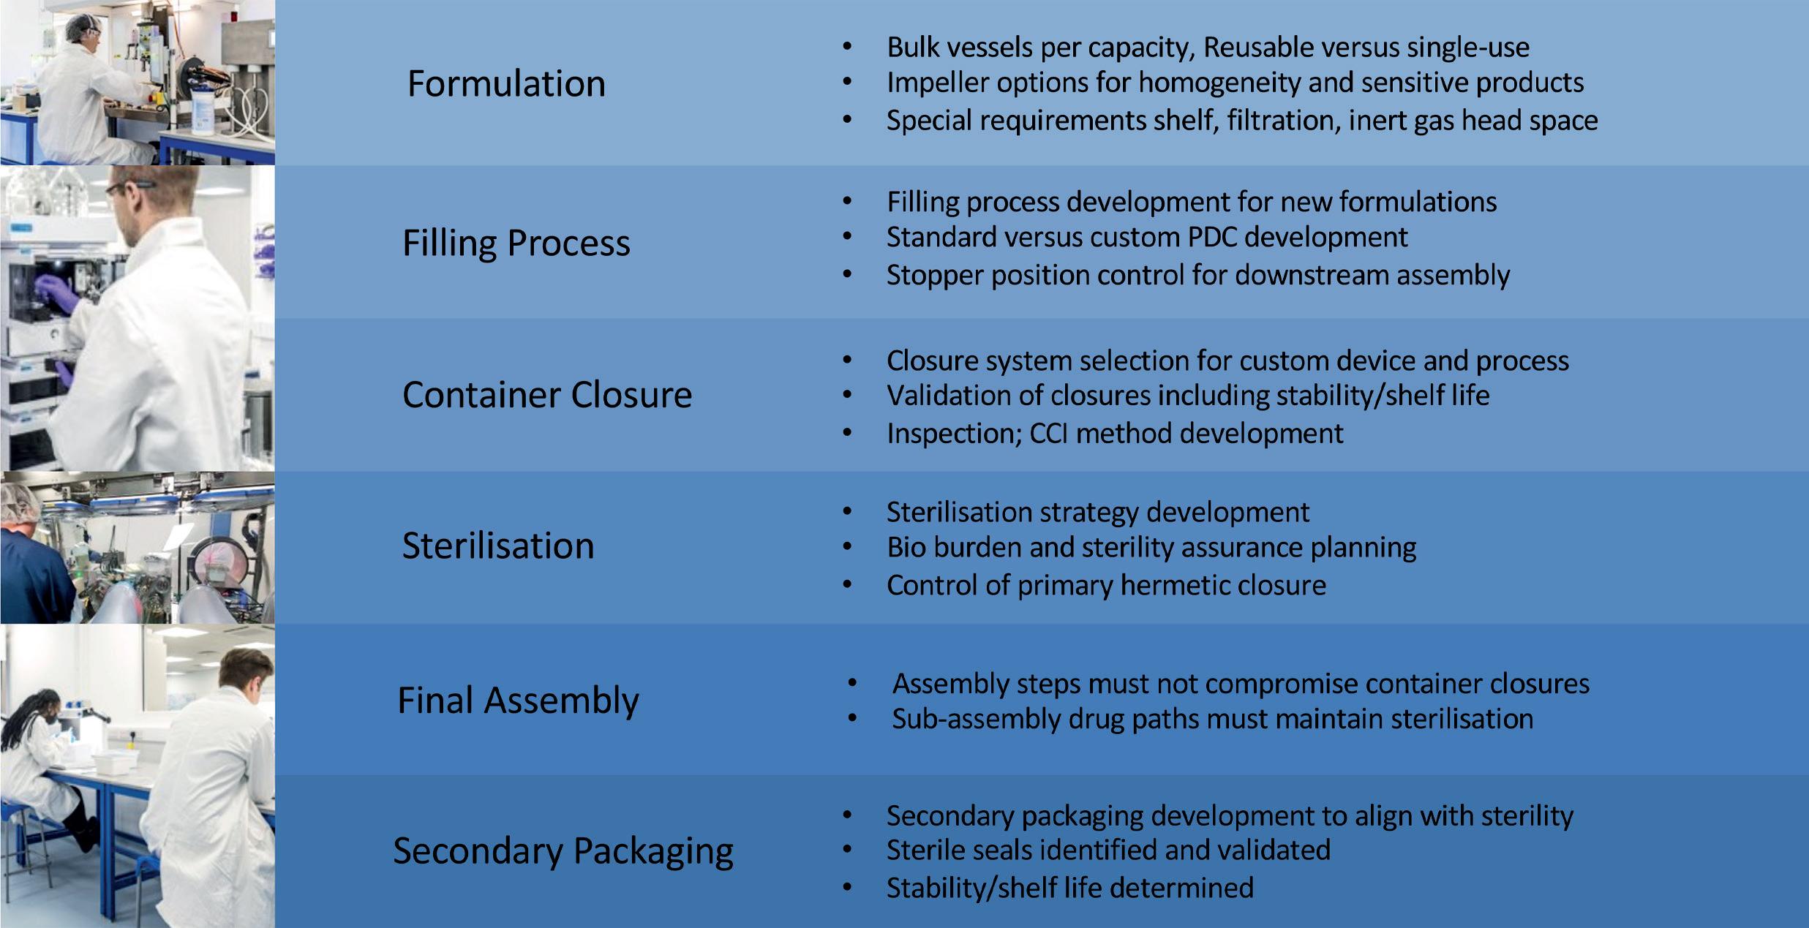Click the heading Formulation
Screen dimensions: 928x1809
pos(506,83)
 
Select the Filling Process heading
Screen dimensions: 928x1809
pos(516,243)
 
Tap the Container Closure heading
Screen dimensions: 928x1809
pos(546,395)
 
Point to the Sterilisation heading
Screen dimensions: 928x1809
pos(498,546)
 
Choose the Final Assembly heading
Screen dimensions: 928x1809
pos(518,701)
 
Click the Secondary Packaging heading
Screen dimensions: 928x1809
pos(563,851)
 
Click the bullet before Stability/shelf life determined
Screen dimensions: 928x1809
pos(847,889)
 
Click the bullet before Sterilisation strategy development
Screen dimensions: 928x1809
pos(847,513)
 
